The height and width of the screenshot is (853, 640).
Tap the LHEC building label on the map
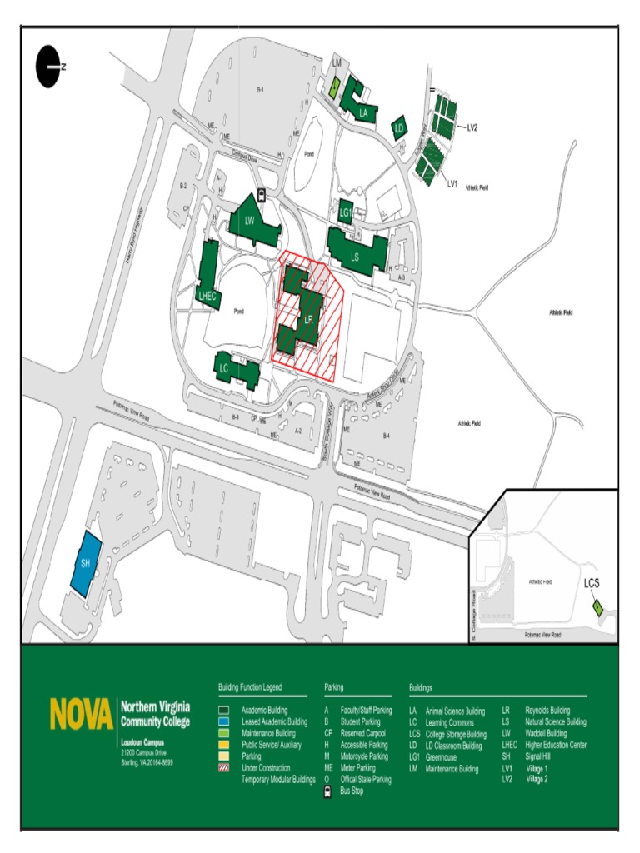pos(207,295)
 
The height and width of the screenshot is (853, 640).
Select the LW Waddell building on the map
pos(249,220)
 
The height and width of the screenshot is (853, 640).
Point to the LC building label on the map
pos(223,367)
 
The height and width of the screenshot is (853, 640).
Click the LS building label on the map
pos(354,257)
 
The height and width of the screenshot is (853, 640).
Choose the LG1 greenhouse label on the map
pos(346,213)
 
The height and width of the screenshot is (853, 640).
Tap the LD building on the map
pos(399,128)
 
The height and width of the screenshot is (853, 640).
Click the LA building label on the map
pos(363,113)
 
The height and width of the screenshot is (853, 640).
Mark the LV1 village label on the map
pos(452,182)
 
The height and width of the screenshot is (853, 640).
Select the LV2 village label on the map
pos(471,127)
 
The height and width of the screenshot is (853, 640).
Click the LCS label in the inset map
pos(592,584)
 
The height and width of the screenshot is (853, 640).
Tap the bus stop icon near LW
pos(262,196)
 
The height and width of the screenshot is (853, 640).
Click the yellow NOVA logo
pos(81,714)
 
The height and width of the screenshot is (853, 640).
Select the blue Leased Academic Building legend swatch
pos(224,721)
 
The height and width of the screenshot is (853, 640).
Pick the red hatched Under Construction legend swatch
pos(224,768)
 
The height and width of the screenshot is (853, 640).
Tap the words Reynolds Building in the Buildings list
pos(547,711)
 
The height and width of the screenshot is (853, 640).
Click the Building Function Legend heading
pos(250,688)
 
